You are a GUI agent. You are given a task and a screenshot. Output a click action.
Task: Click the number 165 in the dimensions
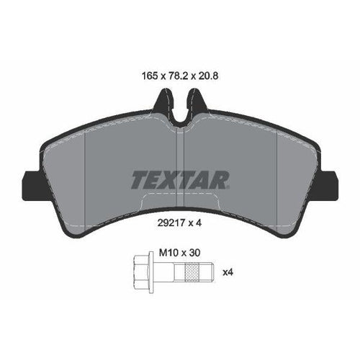pos(150,76)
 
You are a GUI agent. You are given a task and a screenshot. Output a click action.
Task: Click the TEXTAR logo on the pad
pos(180,180)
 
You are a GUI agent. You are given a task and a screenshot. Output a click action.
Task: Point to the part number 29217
pos(171,223)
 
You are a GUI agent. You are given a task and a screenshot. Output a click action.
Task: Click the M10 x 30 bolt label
pos(180,253)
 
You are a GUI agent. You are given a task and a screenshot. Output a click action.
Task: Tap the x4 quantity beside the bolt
pos(228,272)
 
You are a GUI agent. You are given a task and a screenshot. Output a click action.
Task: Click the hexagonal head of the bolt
pos(141,272)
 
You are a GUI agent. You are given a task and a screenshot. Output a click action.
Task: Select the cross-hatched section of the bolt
pos(194,272)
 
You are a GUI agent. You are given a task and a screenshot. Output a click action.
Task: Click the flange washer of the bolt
pos(151,272)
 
